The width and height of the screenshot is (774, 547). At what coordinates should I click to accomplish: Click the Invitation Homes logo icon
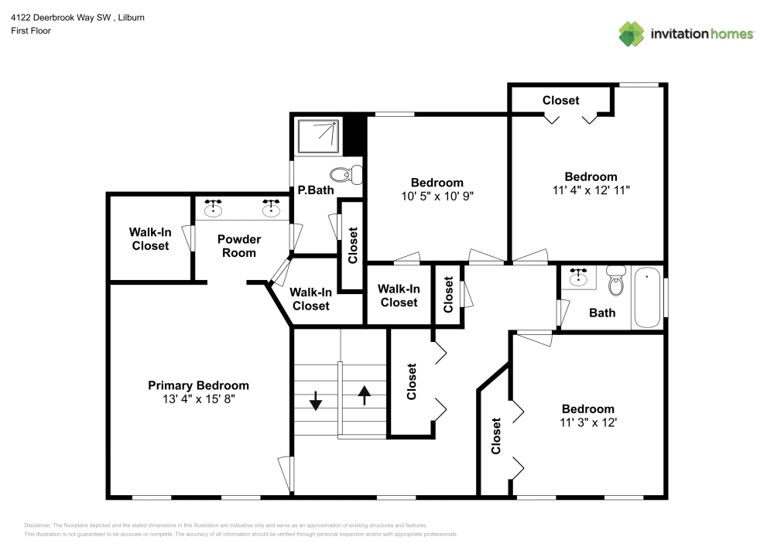pyautogui.click(x=631, y=33)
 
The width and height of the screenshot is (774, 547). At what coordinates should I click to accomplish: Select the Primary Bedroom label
pyautogui.click(x=199, y=385)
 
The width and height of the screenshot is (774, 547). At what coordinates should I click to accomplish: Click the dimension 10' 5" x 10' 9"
pyautogui.click(x=437, y=196)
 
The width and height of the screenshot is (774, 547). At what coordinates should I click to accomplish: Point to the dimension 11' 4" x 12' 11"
pyautogui.click(x=591, y=190)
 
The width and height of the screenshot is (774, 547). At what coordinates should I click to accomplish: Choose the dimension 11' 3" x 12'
pyautogui.click(x=588, y=422)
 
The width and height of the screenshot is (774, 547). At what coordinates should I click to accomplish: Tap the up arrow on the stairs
pyautogui.click(x=365, y=394)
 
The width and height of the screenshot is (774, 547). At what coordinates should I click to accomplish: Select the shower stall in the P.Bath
pyautogui.click(x=318, y=136)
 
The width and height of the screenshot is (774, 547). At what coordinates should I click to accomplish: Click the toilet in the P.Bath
pyautogui.click(x=347, y=174)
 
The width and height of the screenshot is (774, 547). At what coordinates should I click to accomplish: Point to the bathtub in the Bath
pyautogui.click(x=648, y=298)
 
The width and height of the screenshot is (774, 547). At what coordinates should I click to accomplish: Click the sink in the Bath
pyautogui.click(x=578, y=276)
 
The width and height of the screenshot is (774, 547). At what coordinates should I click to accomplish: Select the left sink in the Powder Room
pyautogui.click(x=213, y=209)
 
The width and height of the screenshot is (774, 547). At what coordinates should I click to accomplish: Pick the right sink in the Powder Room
pyautogui.click(x=271, y=209)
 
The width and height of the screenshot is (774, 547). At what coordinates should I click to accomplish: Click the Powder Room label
pyautogui.click(x=238, y=246)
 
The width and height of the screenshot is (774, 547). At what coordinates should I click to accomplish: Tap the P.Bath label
pyautogui.click(x=310, y=190)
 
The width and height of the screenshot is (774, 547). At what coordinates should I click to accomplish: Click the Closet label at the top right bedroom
pyautogui.click(x=560, y=101)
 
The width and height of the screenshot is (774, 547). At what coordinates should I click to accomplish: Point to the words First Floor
pyautogui.click(x=30, y=31)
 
